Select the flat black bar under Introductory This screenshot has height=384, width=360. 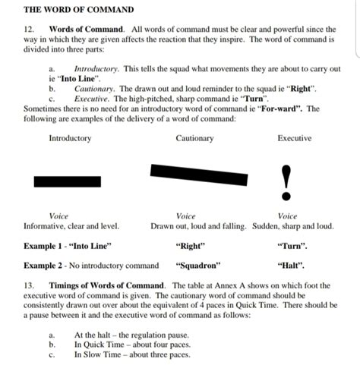[x=68, y=181]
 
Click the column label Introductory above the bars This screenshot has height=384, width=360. [x=70, y=138]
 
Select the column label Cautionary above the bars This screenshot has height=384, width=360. [x=194, y=138]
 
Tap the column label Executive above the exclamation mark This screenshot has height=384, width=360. [x=294, y=138]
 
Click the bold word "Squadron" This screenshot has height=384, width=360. [x=197, y=266]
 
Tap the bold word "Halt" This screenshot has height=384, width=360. [x=292, y=266]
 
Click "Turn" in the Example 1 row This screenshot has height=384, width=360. [x=293, y=246]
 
